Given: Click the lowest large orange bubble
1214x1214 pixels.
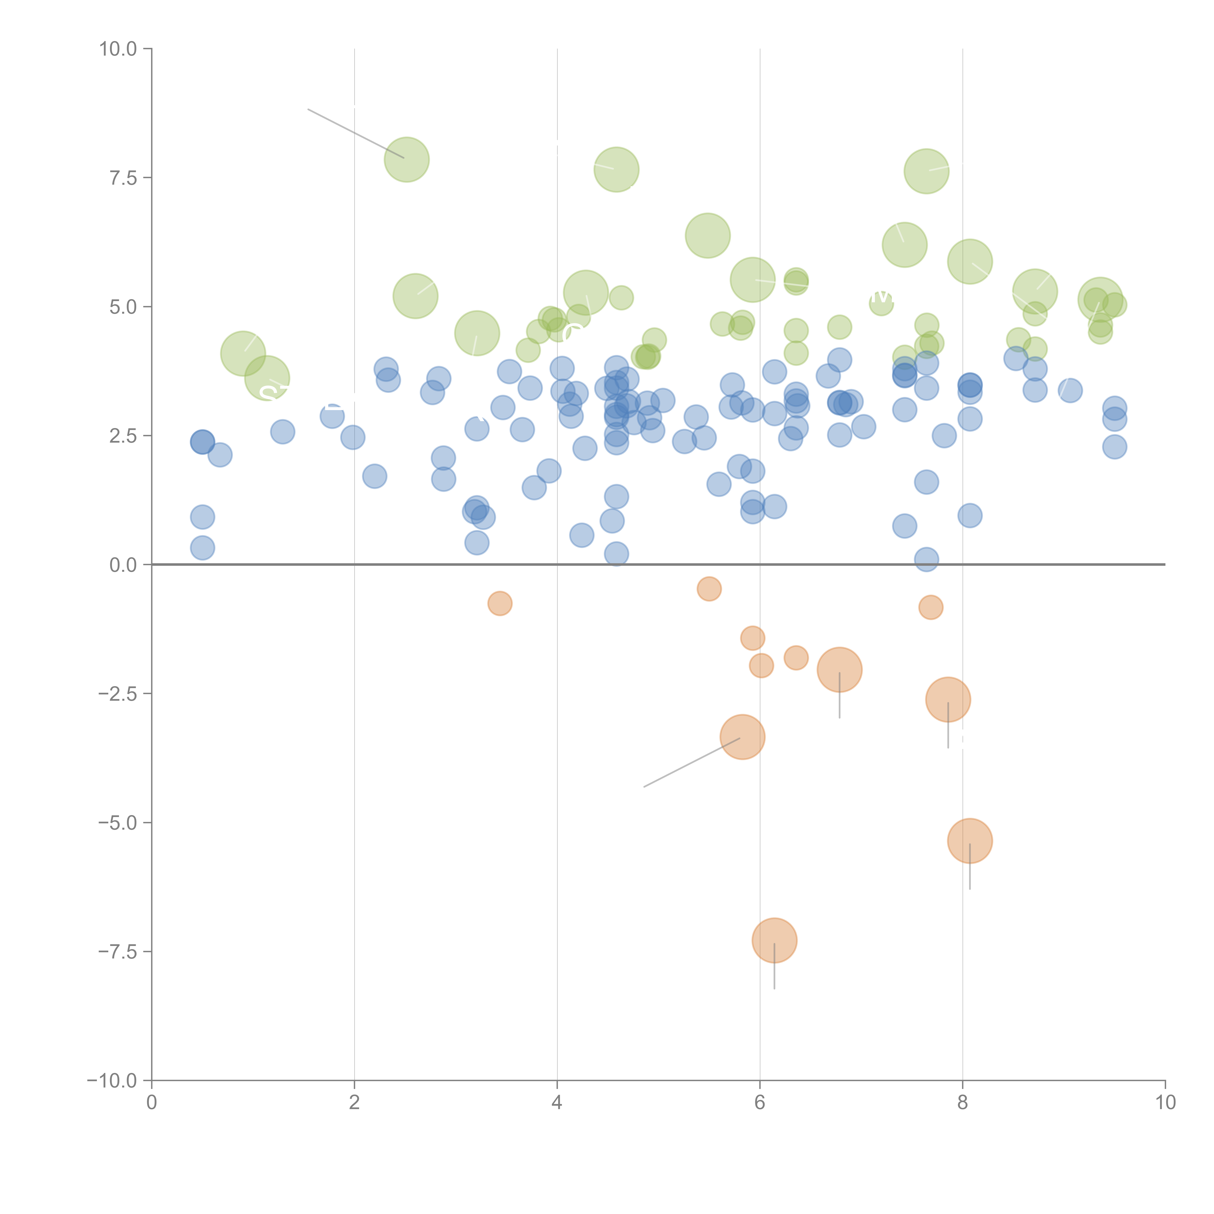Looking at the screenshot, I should click(x=774, y=940).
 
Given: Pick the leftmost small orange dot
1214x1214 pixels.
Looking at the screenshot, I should click(x=499, y=603).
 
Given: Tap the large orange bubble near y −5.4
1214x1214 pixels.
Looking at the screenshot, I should click(x=970, y=841).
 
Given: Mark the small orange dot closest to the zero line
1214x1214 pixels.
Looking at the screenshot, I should click(x=709, y=589).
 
